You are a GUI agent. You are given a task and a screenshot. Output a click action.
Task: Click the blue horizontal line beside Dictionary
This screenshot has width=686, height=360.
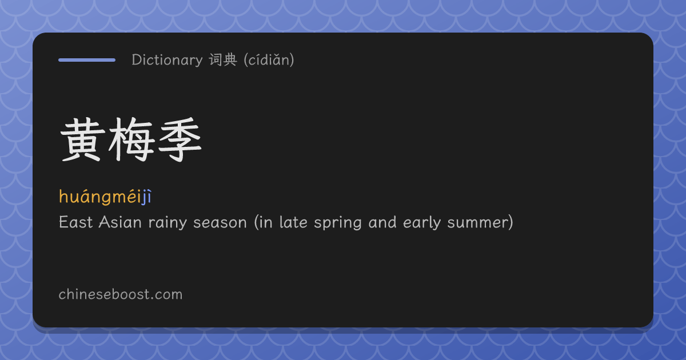click(x=87, y=60)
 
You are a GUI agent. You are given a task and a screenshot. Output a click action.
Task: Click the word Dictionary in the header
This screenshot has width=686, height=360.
click(x=167, y=59)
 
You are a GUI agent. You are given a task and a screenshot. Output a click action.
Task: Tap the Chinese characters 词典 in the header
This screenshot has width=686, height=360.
click(x=223, y=59)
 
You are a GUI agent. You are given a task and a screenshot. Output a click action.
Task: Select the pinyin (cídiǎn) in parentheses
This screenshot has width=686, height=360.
click(x=269, y=59)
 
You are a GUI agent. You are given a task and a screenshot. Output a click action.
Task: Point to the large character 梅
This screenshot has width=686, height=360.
click(x=131, y=139)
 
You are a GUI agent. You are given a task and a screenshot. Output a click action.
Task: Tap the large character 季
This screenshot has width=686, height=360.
click(x=180, y=139)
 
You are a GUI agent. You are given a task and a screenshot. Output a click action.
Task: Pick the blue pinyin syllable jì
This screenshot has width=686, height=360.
click(x=146, y=197)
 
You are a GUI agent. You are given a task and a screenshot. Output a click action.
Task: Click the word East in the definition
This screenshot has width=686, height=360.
click(x=75, y=222)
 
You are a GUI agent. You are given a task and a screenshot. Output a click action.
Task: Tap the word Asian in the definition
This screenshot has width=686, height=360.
click(x=120, y=222)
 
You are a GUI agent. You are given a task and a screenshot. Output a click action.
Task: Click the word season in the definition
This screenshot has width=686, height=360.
click(x=220, y=223)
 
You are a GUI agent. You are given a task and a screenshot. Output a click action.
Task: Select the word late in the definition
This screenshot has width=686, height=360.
click(x=293, y=222)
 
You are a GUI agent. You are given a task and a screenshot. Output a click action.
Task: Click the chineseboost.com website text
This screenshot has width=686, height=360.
click(x=121, y=294)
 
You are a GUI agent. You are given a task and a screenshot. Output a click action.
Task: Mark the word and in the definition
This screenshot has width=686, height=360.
click(x=382, y=222)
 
